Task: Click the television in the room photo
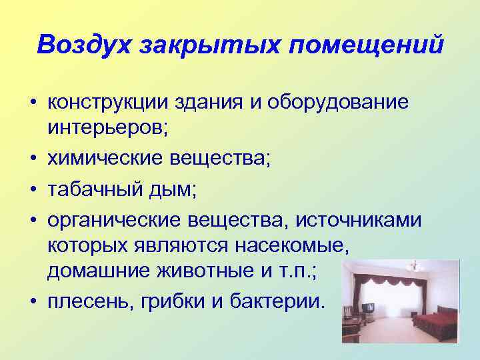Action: (367, 309)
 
